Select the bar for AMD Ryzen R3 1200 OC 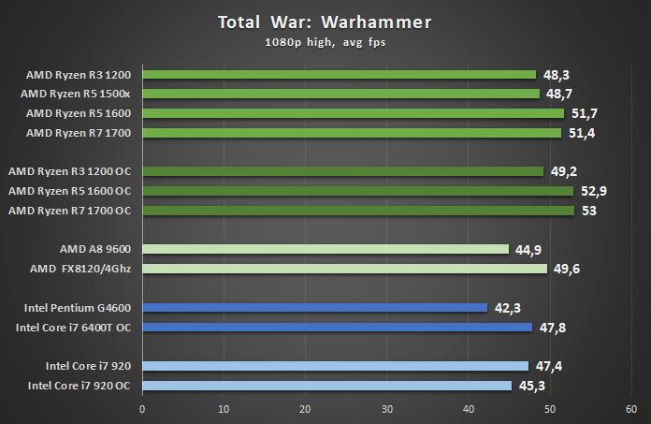tap(342, 171)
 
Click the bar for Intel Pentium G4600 tap(314, 307)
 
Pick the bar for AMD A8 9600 tap(325, 249)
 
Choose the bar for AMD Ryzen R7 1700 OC tap(357, 211)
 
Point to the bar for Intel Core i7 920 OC tap(326, 385)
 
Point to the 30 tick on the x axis tap(386, 409)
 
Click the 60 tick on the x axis tap(630, 409)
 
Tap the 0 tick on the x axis tap(142, 409)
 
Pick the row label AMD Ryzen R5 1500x tap(79, 94)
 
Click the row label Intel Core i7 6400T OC tap(74, 327)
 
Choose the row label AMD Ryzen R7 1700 tap(80, 133)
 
